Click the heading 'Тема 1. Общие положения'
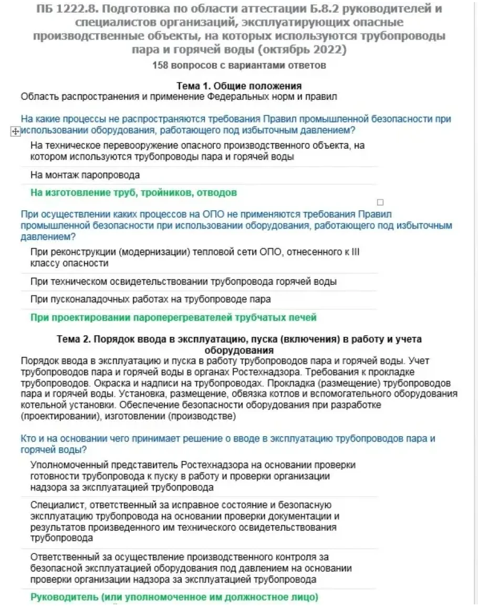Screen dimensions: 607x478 [x=238, y=86]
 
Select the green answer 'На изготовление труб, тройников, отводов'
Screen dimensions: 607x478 [x=133, y=192]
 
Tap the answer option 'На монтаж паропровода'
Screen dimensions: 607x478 [x=85, y=175]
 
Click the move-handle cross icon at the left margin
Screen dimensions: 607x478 [x=15, y=133]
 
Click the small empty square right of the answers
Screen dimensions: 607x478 [x=381, y=202]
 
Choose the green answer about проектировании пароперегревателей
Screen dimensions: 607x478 [x=173, y=317]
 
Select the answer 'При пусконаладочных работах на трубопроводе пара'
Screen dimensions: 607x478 [x=151, y=300]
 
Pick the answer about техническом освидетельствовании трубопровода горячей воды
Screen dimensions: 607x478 [x=183, y=282]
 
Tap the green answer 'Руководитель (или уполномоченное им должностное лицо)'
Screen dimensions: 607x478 [x=174, y=597]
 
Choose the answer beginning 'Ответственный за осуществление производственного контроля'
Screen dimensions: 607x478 [x=191, y=568]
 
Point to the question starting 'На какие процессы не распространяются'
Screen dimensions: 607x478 [x=235, y=125]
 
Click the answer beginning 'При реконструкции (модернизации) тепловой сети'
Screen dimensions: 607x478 [x=195, y=257]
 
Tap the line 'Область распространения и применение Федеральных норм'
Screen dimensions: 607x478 [x=179, y=96]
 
